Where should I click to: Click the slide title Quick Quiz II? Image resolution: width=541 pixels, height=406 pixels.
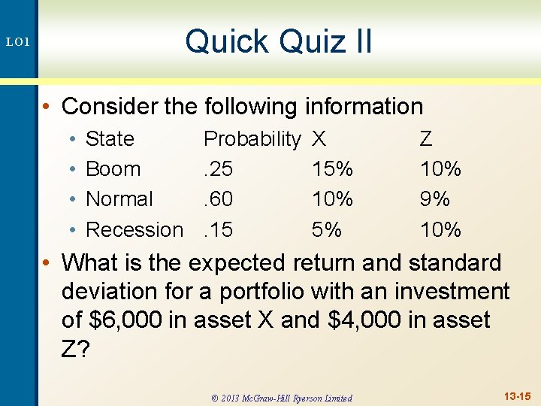[x=279, y=41]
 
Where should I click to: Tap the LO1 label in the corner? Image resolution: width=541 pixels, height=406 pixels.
[x=17, y=43]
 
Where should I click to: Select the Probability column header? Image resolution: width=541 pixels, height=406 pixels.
[x=252, y=139]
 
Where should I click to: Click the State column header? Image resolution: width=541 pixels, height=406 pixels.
[x=110, y=139]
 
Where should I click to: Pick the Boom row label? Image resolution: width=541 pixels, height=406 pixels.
[x=113, y=169]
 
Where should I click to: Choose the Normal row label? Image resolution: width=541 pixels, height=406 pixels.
[x=119, y=199]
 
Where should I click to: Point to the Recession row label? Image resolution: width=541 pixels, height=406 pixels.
[x=134, y=229]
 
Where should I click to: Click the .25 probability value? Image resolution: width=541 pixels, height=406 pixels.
[x=218, y=169]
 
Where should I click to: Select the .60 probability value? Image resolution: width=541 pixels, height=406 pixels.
[x=218, y=199]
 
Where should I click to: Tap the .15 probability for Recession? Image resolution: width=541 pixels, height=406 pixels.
[x=218, y=229]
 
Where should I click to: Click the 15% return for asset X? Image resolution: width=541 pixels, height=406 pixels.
[x=332, y=169]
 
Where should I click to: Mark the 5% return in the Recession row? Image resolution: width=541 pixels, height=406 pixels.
[x=327, y=229]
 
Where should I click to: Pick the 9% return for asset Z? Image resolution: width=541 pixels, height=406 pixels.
[x=435, y=199]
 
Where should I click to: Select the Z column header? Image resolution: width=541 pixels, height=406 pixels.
[x=426, y=139]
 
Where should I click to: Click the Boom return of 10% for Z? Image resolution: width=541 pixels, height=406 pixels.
[x=440, y=169]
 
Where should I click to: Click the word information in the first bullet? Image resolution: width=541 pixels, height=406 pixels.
[x=364, y=107]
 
